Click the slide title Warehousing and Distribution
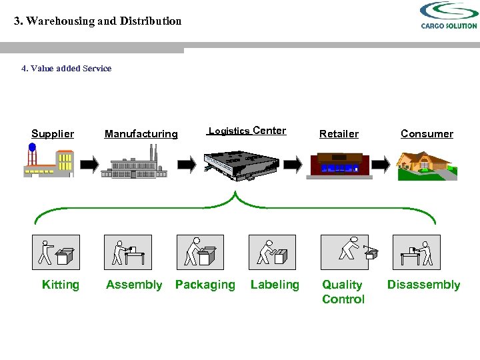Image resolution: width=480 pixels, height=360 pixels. coord(98,21)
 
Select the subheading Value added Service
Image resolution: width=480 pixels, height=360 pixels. coord(67,68)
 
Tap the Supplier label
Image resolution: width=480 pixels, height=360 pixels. coord(53,134)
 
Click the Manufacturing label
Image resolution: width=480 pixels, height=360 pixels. coord(141,134)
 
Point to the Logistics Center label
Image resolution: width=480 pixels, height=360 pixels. coord(247,131)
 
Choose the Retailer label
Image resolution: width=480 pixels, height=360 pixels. coord(339,134)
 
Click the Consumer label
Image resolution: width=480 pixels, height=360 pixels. coord(427,134)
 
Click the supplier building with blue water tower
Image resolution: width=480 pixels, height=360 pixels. coord(47,161)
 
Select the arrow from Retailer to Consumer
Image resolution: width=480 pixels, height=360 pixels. coord(381,164)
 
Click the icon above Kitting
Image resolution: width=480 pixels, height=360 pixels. coord(56,252)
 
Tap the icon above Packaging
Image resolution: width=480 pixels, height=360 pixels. coord(200,252)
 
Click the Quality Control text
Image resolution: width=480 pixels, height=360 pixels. coord(343,292)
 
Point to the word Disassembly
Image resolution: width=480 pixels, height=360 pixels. coord(423,285)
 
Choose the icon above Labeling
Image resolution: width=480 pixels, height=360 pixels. coord(272,252)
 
